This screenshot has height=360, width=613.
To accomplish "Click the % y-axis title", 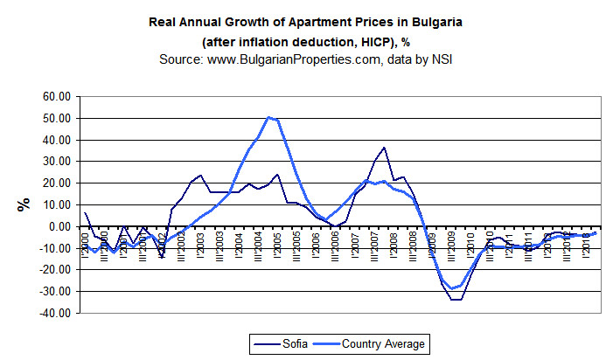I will click(23, 204).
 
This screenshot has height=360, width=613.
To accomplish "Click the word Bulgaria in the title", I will click(432, 22).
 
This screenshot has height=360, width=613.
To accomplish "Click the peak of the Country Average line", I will click(268, 117).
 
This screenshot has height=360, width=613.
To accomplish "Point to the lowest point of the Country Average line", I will click(453, 288).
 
